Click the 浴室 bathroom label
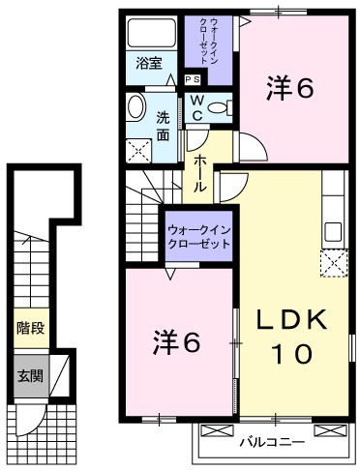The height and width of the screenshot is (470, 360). pos(149,66)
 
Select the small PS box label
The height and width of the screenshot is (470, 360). pos(193,79)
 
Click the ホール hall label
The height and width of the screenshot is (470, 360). pos(198,174)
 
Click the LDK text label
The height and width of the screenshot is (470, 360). pos(292,319)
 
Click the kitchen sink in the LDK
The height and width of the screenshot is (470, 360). pos(333,232)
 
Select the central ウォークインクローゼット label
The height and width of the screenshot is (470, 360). pos(199,237)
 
